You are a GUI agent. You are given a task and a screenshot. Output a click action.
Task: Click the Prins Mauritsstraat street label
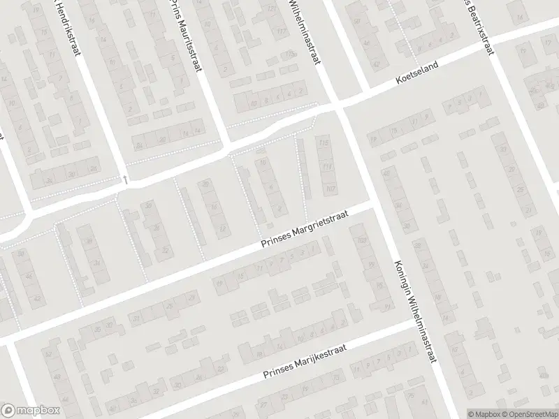coord(180,31)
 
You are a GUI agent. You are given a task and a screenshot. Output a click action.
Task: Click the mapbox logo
coord(30,411)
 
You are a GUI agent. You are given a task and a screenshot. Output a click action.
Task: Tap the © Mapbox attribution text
coord(484,413)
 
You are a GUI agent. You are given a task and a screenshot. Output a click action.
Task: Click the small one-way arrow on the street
coord(125,179)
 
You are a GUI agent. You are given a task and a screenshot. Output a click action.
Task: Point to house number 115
coord(323,143)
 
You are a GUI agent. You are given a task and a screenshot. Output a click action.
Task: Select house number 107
coord(330,189)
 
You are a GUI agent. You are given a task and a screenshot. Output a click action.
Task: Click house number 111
coord(327,168)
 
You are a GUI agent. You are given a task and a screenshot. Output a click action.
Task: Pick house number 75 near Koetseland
coord(395,131)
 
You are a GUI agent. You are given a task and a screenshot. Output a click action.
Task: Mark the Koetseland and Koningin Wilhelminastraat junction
coord(338,107)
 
